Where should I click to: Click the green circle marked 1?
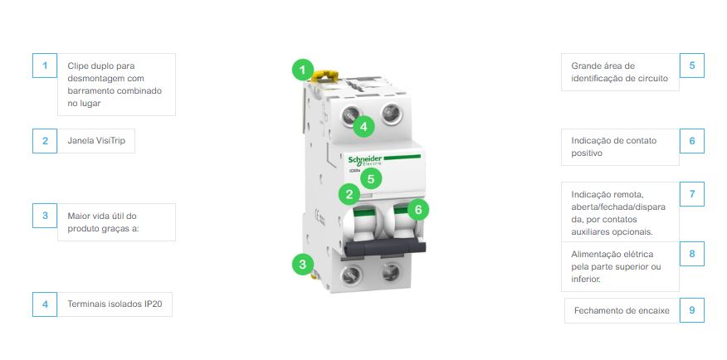[x=303, y=71]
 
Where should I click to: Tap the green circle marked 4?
[x=363, y=126]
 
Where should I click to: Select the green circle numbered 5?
[x=371, y=178]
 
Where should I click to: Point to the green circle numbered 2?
[x=349, y=194]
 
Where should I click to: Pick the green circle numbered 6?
[x=418, y=209]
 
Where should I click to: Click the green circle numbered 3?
[x=303, y=264]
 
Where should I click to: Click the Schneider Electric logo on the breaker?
[x=365, y=161]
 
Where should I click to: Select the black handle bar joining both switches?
[x=385, y=247]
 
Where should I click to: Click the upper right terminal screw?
[x=391, y=114]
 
